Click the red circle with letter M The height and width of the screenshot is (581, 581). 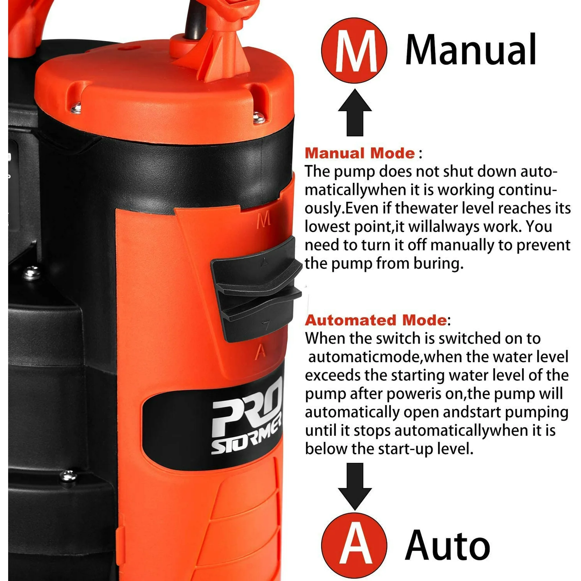coord(354,50)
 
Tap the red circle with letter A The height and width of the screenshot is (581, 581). coord(354,546)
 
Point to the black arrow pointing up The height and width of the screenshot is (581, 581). coord(355,112)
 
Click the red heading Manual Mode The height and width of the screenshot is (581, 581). coord(360,153)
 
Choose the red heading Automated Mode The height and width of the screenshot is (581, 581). coord(376,320)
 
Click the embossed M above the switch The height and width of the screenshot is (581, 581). coord(263,221)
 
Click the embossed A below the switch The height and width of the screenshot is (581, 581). coord(260,352)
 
